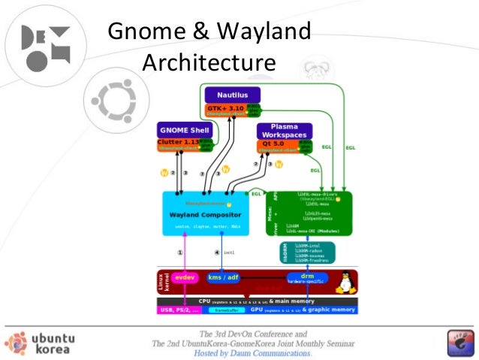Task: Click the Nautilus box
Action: point(231,95)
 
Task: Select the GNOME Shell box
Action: point(185,130)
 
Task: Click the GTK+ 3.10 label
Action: point(225,108)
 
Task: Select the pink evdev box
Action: point(184,277)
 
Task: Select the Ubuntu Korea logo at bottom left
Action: point(40,343)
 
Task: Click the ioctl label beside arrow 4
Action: point(229,253)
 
